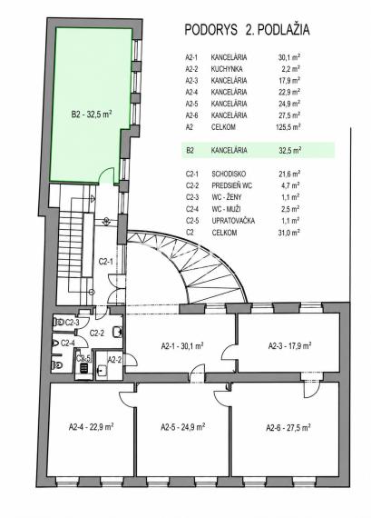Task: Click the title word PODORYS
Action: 210,30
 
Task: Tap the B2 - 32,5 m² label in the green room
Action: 91,115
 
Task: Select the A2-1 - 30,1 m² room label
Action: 182,346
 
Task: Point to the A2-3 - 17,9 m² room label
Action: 290,346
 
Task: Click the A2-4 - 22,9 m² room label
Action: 91,426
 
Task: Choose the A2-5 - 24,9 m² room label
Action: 183,427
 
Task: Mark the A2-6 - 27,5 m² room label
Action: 288,427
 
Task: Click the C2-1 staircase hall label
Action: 106,262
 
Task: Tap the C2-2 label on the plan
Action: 97,333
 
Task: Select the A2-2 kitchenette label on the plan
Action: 114,360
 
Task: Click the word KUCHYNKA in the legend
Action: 227,69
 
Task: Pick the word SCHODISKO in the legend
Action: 229,174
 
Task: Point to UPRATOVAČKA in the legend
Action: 233,220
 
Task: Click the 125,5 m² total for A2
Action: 288,127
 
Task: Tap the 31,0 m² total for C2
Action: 288,233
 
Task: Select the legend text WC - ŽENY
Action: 227,197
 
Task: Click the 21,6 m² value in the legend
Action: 289,174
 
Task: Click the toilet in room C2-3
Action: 59,322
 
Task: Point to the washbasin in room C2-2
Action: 117,332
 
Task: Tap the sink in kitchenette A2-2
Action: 102,371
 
